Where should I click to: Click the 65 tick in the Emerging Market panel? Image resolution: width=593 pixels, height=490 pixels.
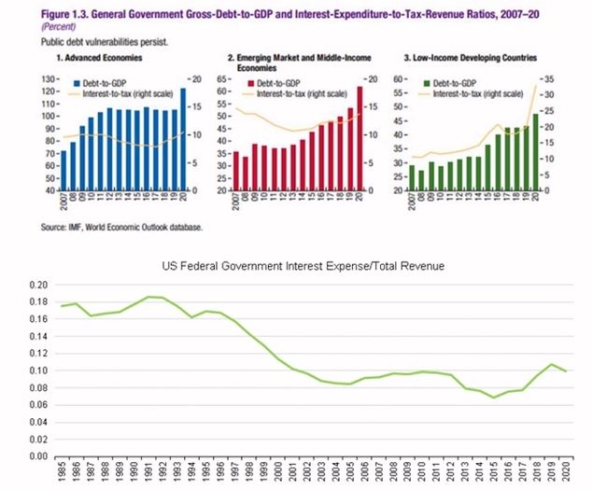pyautogui.click(x=223, y=79)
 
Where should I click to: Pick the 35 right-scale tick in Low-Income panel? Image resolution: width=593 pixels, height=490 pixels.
pyautogui.click(x=551, y=79)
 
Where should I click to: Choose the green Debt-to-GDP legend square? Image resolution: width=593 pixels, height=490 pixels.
pyautogui.click(x=429, y=84)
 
